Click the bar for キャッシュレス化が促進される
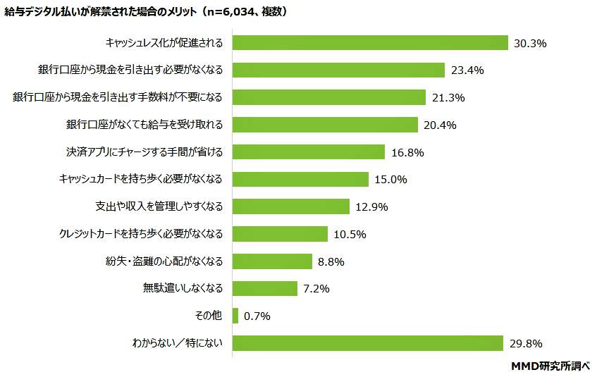[370, 43]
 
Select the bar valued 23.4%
[338, 70]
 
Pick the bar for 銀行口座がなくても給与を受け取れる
[325, 125]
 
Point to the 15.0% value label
[391, 180]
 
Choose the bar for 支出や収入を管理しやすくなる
[290, 206]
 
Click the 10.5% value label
[350, 234]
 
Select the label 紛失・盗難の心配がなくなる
[164, 261]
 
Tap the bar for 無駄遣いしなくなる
[264, 288]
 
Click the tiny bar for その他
[235, 316]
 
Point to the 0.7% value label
[257, 316]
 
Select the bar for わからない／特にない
[367, 343]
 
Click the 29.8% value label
[525, 344]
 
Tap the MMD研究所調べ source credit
[550, 366]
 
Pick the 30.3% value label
[530, 44]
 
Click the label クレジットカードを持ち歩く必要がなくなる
[141, 234]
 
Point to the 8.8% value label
[331, 261]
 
